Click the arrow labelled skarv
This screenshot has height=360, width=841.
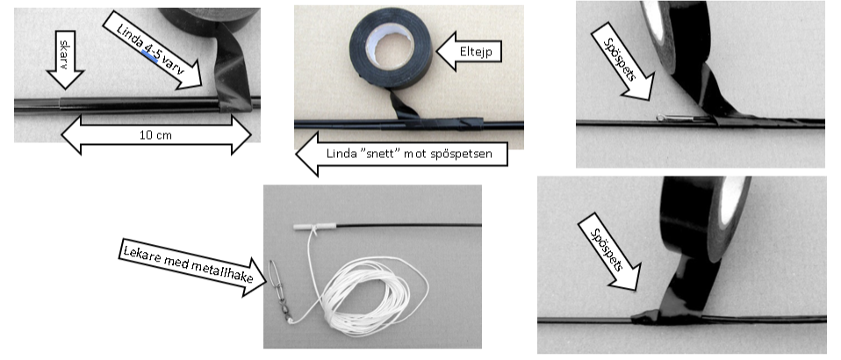[x=66, y=59]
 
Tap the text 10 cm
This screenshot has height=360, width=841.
[x=156, y=134]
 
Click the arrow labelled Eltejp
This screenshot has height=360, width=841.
[x=469, y=51]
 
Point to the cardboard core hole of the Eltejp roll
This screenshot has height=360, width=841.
[x=390, y=46]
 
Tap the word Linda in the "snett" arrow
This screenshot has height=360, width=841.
[x=339, y=154]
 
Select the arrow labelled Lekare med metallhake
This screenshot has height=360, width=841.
[x=192, y=267]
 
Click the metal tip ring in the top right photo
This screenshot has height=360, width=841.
[x=661, y=118]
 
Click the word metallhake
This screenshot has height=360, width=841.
[x=223, y=271]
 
